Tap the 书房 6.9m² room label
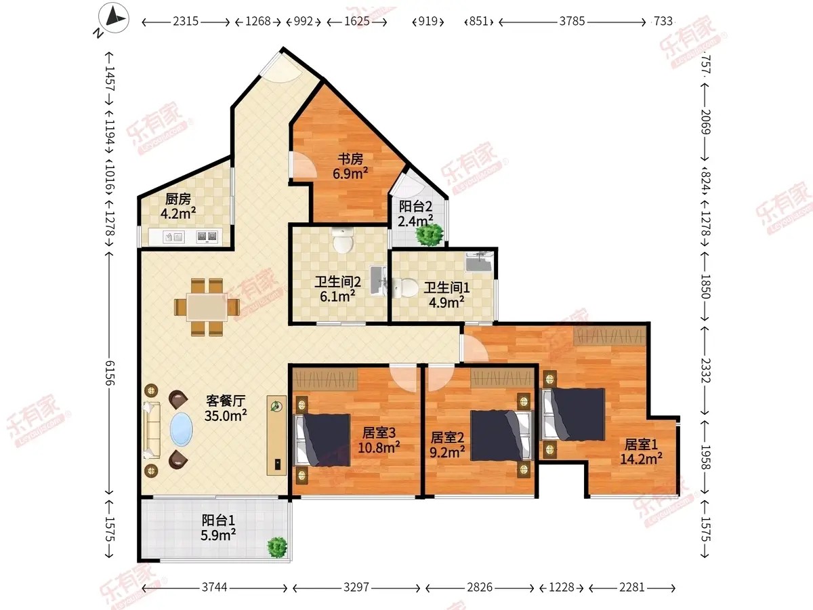350,166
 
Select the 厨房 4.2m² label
178,206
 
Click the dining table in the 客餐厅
207,307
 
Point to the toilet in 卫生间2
343,240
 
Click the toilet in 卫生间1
404,287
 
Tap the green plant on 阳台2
430,234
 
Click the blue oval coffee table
181,430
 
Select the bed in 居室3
322,440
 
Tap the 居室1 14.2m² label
641,452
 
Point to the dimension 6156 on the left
110,373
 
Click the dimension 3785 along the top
572,21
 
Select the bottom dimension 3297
356,587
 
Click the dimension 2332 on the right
705,370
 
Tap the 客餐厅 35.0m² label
226,408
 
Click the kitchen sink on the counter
173,237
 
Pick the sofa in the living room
152,430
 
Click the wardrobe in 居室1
609,336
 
